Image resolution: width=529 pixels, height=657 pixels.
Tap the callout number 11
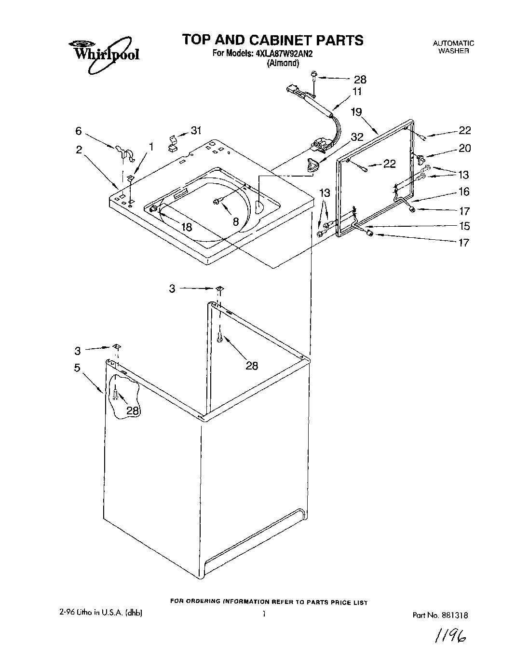point(357,92)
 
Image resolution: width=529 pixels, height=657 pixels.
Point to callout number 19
point(356,112)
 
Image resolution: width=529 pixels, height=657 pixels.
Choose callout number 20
point(464,149)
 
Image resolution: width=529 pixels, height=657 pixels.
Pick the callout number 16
point(464,192)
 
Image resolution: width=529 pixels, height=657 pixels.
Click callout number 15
point(464,226)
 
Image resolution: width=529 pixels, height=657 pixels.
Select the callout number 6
point(79,131)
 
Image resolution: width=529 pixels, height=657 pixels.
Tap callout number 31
point(196,130)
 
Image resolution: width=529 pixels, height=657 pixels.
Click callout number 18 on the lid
point(186,227)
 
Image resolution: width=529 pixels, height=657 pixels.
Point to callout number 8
point(235,221)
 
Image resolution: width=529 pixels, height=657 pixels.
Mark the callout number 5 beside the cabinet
point(77,368)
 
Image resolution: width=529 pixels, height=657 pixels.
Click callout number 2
point(79,150)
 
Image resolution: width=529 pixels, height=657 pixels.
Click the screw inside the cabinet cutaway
point(115,396)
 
